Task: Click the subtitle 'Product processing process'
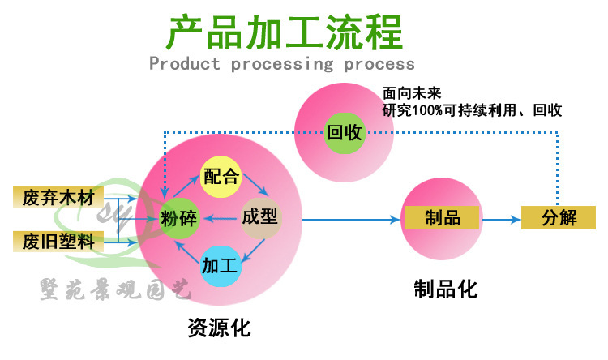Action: tap(282, 64)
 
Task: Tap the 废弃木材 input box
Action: tap(60, 197)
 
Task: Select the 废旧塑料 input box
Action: tap(60, 241)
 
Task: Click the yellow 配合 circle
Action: tap(221, 175)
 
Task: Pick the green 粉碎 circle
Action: tap(180, 217)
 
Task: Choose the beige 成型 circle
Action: tap(260, 217)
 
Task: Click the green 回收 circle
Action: tap(344, 132)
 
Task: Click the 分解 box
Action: tap(559, 217)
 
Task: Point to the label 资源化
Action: tap(219, 328)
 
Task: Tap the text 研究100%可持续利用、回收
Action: tap(472, 109)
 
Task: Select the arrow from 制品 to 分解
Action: tap(501, 218)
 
